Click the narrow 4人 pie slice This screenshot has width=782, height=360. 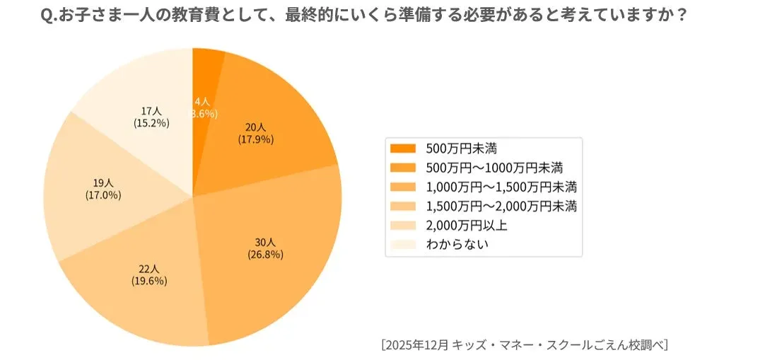pyautogui.click(x=206, y=71)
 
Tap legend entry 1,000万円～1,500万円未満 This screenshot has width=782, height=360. pyautogui.click(x=501, y=187)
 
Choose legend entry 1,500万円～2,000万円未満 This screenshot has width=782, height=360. pyautogui.click(x=501, y=207)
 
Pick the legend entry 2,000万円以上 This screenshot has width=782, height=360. pyautogui.click(x=467, y=226)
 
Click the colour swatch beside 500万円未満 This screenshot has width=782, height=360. pyautogui.click(x=403, y=149)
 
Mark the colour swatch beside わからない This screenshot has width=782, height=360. pyautogui.click(x=403, y=244)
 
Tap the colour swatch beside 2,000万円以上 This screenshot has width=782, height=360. pyautogui.click(x=403, y=226)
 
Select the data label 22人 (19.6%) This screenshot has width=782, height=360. pyautogui.click(x=149, y=275)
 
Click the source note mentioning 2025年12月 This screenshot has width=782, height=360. pyautogui.click(x=524, y=344)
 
